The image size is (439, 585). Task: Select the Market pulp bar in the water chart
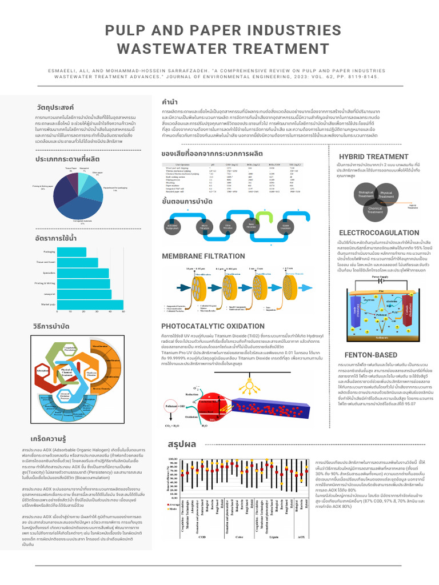pyautogui.click(x=89, y=304)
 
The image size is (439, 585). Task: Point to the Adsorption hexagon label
pyautogui.click(x=42, y=371)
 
